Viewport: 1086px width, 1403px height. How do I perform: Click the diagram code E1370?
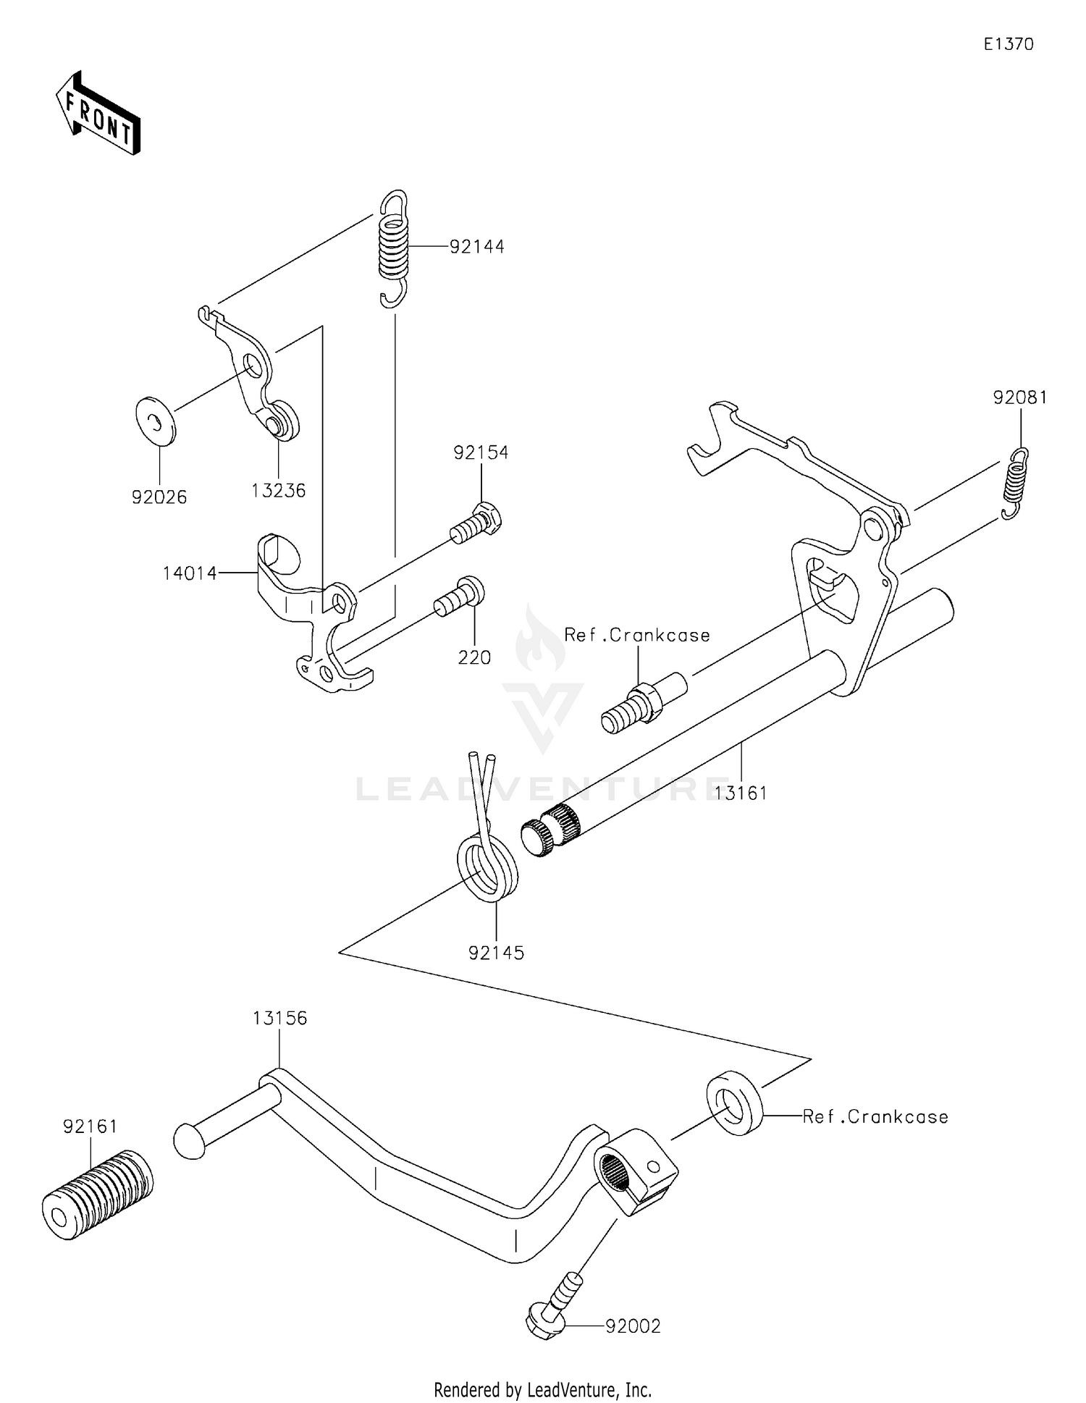[1008, 44]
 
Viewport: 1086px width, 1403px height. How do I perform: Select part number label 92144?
[476, 247]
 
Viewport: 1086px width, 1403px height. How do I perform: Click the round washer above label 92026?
[155, 419]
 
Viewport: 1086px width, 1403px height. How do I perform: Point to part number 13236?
[279, 491]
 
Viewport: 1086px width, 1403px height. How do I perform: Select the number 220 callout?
[474, 657]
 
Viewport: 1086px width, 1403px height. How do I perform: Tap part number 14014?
[189, 573]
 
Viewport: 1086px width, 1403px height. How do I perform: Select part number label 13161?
[741, 793]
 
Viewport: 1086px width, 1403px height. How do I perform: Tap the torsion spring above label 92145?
[487, 861]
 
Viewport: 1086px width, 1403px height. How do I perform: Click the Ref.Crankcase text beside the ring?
[875, 1116]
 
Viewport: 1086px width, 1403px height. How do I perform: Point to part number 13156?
[279, 1019]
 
